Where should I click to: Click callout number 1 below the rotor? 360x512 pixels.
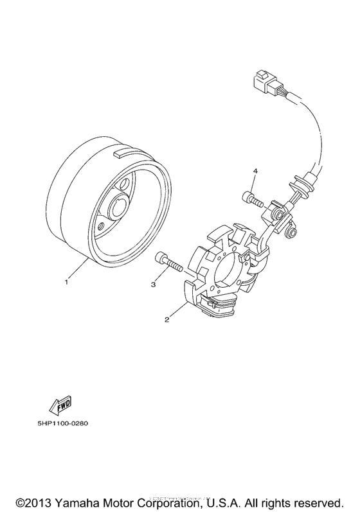(x=66, y=281)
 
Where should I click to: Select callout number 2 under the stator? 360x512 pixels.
(x=167, y=319)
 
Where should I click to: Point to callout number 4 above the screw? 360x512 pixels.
(x=255, y=172)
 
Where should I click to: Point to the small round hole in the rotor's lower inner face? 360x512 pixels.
(x=102, y=226)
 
